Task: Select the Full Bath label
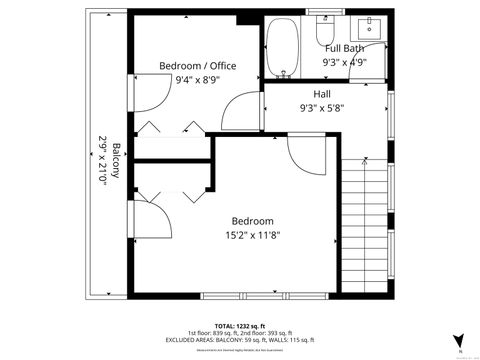pos(344,48)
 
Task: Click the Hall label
pos(322,94)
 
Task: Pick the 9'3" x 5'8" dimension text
pos(322,108)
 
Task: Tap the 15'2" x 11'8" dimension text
pos(253,236)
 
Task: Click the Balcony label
pos(115,160)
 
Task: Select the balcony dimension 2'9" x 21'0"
pos(102,160)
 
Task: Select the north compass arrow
pos(458,340)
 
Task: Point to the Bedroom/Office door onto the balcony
pos(146,95)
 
